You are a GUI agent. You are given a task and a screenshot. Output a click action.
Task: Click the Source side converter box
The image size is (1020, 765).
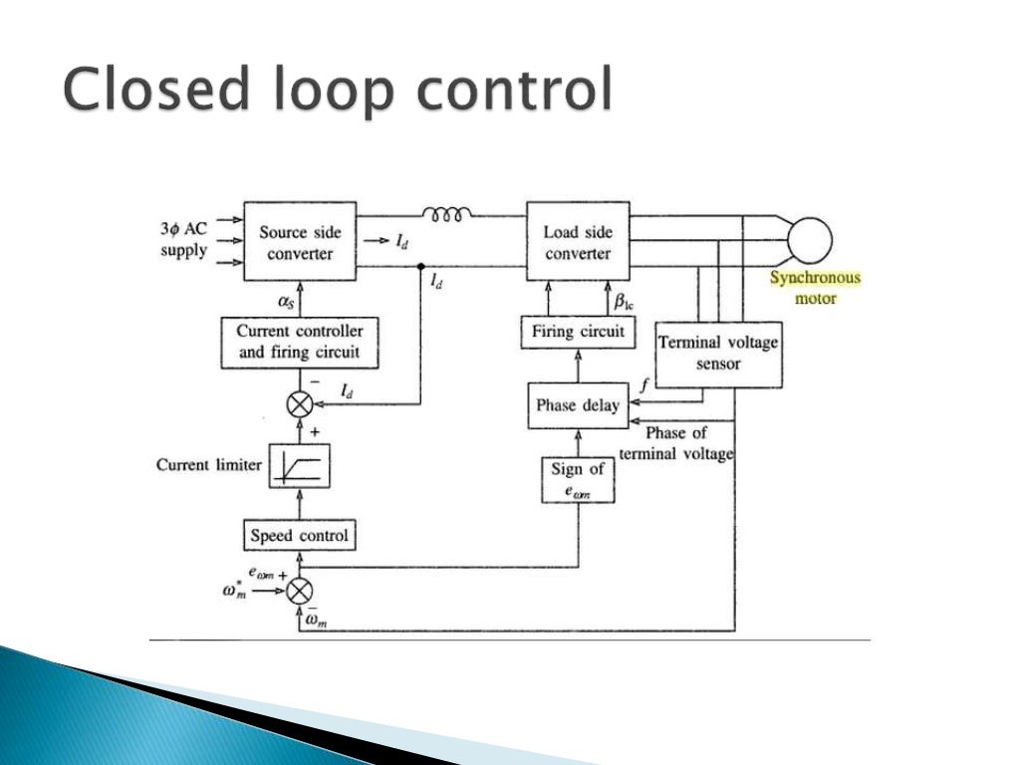click(x=300, y=242)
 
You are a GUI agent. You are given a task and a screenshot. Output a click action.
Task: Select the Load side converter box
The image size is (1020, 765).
click(x=577, y=242)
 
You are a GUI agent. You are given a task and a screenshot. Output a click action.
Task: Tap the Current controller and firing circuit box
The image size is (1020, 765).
click(x=300, y=342)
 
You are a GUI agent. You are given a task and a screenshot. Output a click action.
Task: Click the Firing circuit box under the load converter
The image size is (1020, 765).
click(x=578, y=332)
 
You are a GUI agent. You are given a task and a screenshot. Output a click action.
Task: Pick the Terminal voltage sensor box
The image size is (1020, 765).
click(x=718, y=354)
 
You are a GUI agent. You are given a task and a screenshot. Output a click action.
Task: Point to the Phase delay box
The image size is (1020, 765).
click(x=578, y=405)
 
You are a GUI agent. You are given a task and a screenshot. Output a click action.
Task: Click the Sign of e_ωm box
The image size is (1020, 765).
click(x=578, y=479)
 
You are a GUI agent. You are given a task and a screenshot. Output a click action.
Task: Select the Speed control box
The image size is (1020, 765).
click(x=300, y=536)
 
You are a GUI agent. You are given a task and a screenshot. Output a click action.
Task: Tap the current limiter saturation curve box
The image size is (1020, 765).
click(x=300, y=465)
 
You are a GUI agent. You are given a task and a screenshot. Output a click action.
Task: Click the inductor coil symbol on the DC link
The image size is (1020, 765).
click(x=448, y=214)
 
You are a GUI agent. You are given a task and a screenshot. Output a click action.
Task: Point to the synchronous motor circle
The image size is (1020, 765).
click(x=809, y=240)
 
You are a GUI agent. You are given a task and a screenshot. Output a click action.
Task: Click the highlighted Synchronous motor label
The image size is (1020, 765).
click(x=814, y=288)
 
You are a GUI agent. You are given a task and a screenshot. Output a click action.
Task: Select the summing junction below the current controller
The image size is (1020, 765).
click(x=300, y=403)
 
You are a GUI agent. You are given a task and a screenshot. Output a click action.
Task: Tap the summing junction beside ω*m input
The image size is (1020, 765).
click(x=300, y=591)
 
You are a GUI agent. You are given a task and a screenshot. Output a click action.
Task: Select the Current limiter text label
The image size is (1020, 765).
click(x=209, y=465)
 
